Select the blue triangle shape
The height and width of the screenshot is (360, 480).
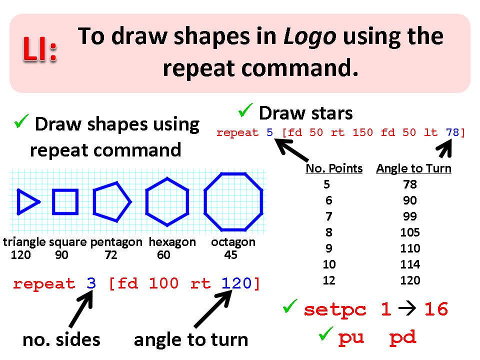click(28, 201)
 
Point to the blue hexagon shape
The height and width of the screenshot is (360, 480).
click(167, 177)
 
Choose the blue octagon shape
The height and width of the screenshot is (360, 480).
click(233, 173)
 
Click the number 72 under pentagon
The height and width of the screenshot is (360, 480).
click(111, 255)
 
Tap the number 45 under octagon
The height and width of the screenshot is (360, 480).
click(230, 255)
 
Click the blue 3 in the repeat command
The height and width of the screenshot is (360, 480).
click(91, 283)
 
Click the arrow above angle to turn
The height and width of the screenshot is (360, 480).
click(213, 308)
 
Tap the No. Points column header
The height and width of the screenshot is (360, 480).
click(334, 168)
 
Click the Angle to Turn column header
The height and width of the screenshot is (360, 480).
click(414, 168)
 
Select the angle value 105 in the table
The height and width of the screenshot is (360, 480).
click(410, 232)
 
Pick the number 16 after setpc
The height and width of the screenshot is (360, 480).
click(436, 309)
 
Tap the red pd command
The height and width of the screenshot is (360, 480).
click(402, 338)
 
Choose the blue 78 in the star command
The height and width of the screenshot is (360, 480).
click(452, 132)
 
